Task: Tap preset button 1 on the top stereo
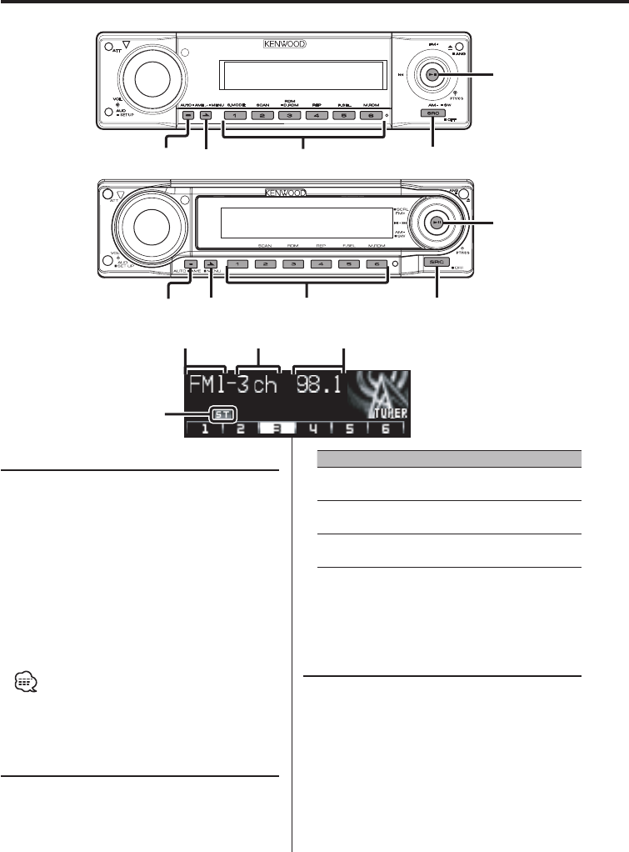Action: pyautogui.click(x=235, y=114)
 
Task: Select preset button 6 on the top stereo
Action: pyautogui.click(x=372, y=114)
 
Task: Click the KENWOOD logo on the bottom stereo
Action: pyautogui.click(x=285, y=191)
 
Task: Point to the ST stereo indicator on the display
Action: pyautogui.click(x=222, y=413)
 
